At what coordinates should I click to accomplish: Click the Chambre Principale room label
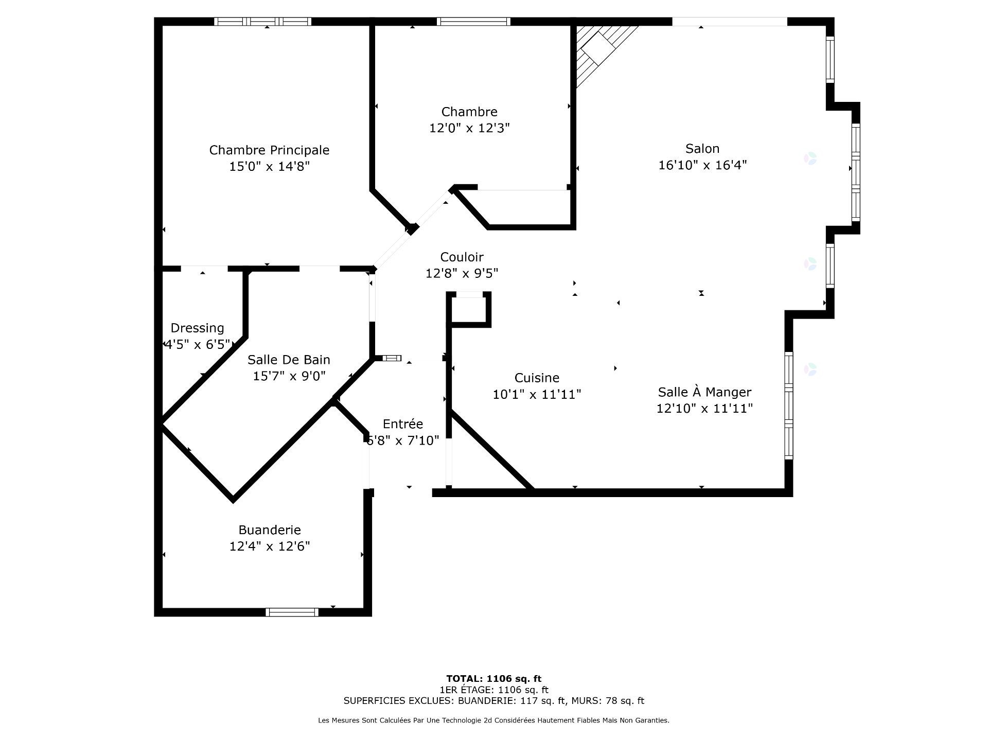click(x=269, y=150)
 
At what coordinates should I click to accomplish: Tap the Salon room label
click(x=702, y=149)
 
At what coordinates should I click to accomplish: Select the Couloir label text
click(x=462, y=257)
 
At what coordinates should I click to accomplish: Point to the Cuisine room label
click(x=537, y=378)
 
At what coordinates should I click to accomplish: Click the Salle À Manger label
click(x=704, y=392)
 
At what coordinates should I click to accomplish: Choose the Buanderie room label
click(x=270, y=530)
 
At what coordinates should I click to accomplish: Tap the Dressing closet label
click(x=197, y=328)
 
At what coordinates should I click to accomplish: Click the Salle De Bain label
click(x=289, y=360)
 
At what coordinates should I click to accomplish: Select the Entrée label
click(x=403, y=424)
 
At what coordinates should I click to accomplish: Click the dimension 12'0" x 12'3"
click(x=469, y=128)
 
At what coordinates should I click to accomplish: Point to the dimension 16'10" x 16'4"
click(x=702, y=165)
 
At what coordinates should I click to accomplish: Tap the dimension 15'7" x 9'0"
click(x=289, y=376)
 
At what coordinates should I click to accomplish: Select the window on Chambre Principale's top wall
click(x=263, y=22)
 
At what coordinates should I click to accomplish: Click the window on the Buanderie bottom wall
click(x=292, y=612)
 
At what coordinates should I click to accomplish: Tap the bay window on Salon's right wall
click(x=856, y=172)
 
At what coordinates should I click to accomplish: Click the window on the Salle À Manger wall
click(x=788, y=405)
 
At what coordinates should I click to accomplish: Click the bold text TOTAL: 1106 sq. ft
click(x=493, y=679)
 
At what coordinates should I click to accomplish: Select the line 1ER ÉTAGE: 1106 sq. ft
click(x=493, y=690)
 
